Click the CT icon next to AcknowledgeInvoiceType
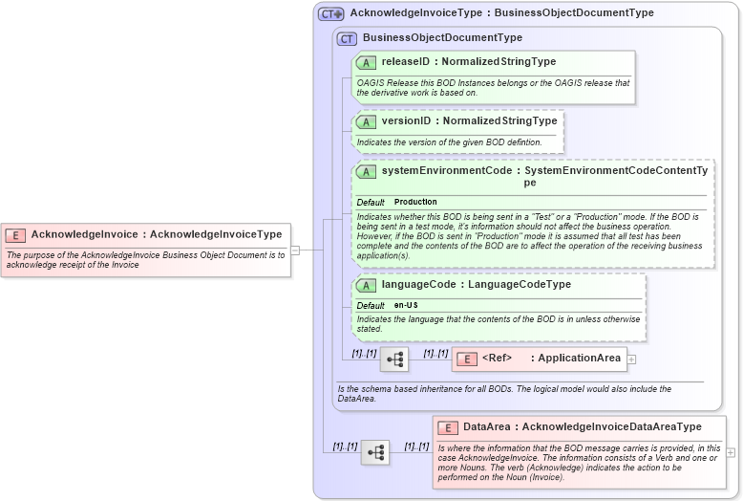(330, 13)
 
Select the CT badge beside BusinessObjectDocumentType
(347, 38)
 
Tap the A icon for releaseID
(366, 62)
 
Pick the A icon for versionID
(366, 121)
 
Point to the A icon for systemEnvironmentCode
(366, 171)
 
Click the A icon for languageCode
(366, 285)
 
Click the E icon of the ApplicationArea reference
(467, 359)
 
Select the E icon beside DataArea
(448, 427)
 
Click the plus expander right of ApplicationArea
(631, 359)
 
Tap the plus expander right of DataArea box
(731, 452)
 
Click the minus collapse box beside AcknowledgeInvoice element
(295, 250)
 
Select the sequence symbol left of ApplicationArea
(393, 359)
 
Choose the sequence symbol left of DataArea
(374, 452)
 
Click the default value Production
(415, 202)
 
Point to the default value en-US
(406, 305)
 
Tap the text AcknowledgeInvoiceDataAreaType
(611, 426)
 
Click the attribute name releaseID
(406, 62)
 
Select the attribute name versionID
(406, 121)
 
